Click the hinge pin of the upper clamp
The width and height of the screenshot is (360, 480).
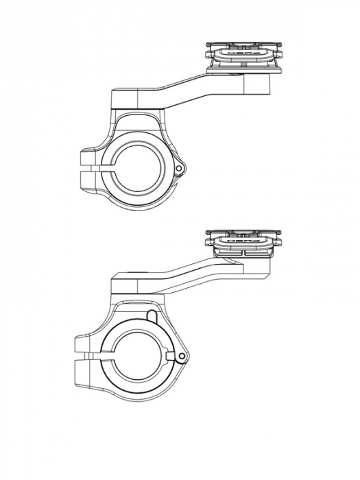179,167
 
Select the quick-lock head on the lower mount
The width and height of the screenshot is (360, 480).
244,241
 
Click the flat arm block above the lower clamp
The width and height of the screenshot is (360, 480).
134,281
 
